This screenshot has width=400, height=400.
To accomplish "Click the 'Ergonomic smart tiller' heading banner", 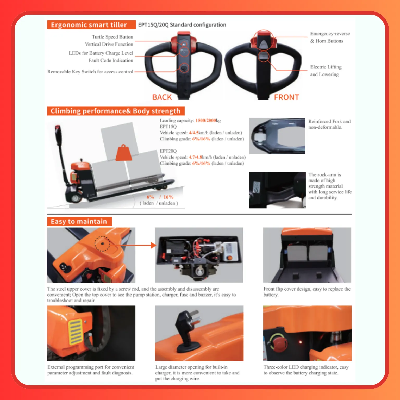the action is (x=91, y=25).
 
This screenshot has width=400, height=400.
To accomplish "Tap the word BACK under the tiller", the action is (x=162, y=97).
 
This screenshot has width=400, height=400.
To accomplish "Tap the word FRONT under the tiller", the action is (x=286, y=97).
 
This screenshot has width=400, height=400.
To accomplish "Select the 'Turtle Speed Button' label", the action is (x=112, y=37).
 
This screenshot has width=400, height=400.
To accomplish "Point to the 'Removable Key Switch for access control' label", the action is (x=90, y=72).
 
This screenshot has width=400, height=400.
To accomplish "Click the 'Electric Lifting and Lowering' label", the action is (x=326, y=71).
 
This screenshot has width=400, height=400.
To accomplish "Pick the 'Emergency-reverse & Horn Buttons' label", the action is (x=330, y=37).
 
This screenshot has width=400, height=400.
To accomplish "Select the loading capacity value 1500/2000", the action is (x=206, y=120).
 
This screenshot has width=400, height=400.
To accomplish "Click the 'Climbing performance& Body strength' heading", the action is (x=116, y=111).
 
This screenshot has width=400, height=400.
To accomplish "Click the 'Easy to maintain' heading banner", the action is (x=79, y=221).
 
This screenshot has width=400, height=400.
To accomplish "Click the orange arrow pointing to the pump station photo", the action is (x=135, y=245).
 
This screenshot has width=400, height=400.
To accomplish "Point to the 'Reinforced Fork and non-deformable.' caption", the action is (x=329, y=124).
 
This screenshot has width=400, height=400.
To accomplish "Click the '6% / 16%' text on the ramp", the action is (x=160, y=197).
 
